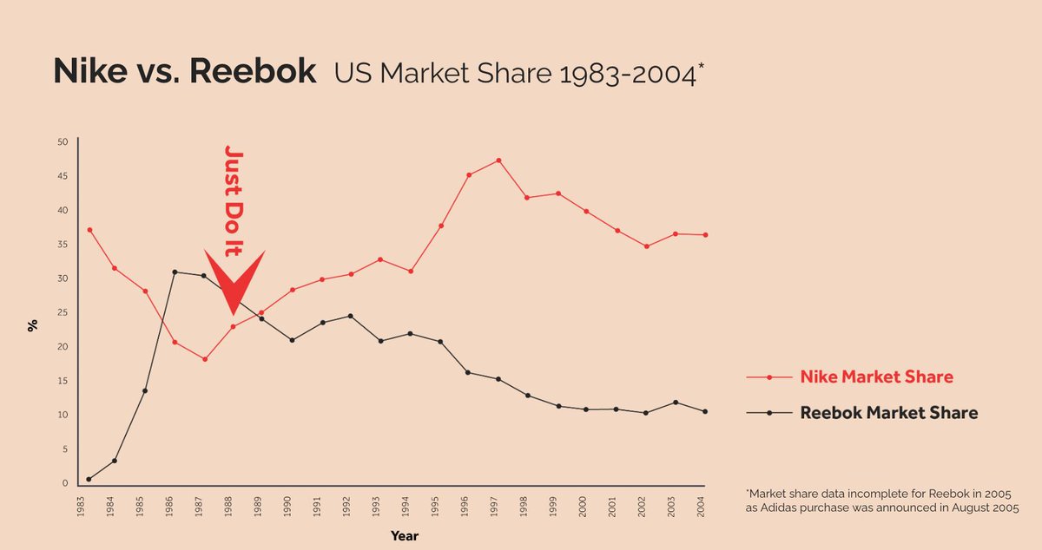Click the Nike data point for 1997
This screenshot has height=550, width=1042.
[498, 160]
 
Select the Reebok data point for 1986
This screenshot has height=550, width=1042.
[175, 272]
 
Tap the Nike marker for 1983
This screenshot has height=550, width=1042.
[89, 230]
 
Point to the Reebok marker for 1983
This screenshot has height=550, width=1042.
[89, 479]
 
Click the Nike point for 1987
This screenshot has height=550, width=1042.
[205, 359]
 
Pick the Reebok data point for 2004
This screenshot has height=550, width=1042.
[705, 411]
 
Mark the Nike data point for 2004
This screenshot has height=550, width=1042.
[705, 235]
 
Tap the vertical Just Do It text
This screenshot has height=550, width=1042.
[233, 200]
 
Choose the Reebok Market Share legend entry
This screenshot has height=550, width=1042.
[887, 413]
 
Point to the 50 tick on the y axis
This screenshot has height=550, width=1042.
[62, 141]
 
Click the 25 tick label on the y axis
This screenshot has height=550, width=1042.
[62, 312]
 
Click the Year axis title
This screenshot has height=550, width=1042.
[405, 536]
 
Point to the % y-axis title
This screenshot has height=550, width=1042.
[32, 326]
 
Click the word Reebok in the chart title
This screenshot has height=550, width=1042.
[252, 72]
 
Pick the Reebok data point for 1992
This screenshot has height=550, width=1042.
[349, 316]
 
